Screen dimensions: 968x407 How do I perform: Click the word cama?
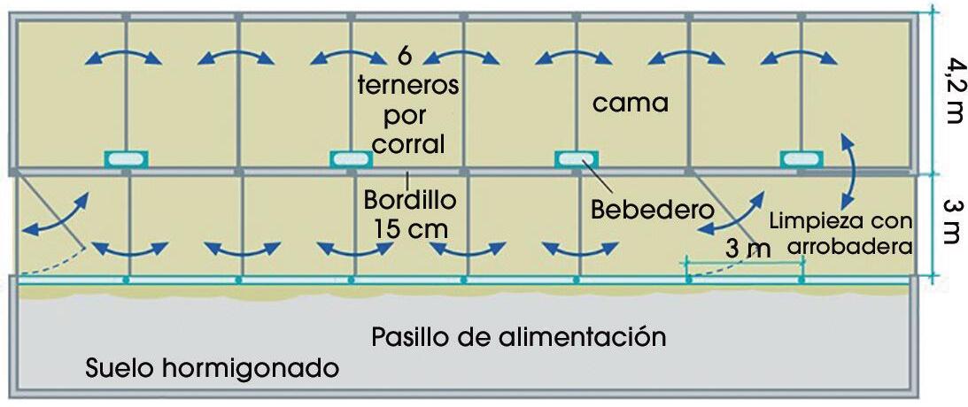[630, 103]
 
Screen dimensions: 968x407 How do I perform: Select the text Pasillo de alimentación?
[518, 337]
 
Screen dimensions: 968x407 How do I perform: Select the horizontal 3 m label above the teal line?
[747, 249]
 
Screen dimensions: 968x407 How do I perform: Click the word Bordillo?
[410, 200]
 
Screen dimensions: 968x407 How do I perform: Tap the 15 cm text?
[408, 227]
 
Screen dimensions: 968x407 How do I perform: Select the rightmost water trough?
[802, 158]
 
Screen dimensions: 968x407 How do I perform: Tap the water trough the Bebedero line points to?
[577, 158]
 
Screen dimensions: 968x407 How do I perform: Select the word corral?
[408, 143]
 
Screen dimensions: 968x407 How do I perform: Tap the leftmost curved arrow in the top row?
[124, 58]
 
